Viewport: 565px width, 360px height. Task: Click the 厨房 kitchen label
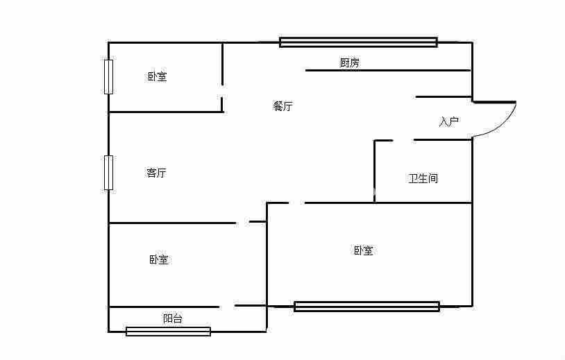[x=349, y=63]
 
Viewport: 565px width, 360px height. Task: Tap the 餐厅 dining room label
[x=282, y=106]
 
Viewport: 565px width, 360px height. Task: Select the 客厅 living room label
[x=156, y=173]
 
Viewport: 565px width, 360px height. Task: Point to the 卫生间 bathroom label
[x=423, y=178]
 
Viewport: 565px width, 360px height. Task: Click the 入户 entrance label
[x=449, y=122]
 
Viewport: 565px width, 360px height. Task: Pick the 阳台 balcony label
[x=174, y=318]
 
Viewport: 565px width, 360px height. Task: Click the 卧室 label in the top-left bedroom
[x=157, y=76]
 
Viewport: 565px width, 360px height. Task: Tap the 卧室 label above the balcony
[x=158, y=259]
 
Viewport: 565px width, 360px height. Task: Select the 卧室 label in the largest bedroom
[x=363, y=250]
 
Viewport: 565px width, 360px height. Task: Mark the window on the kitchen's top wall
[x=358, y=42]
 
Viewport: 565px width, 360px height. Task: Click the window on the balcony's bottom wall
[x=168, y=332]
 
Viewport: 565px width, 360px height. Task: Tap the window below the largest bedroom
[x=366, y=307]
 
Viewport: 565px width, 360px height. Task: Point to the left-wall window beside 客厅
[x=108, y=173]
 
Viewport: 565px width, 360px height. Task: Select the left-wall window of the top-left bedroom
[x=108, y=76]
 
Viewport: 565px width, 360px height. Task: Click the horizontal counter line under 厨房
[x=387, y=70]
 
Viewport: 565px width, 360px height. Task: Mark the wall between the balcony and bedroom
[x=164, y=307]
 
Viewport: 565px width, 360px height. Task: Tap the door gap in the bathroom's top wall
[x=403, y=140]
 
